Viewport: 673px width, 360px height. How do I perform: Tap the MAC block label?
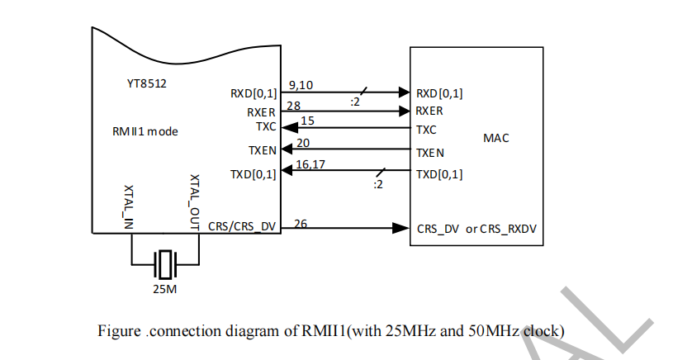coord(496,138)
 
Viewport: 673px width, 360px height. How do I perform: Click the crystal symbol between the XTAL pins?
coord(166,264)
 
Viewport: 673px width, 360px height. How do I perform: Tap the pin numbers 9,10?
coord(300,85)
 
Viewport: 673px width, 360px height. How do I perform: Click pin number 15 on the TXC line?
coord(307,121)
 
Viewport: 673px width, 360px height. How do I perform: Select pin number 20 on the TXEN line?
coord(303,144)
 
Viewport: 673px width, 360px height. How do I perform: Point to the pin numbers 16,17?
coord(311,165)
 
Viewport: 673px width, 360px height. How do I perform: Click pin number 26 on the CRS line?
coord(301,223)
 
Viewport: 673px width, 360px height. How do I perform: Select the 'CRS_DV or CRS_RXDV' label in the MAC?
coord(476,229)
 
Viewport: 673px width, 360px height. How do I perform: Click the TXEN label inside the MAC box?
coord(430,153)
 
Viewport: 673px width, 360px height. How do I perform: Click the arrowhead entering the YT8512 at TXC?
coord(287,128)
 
